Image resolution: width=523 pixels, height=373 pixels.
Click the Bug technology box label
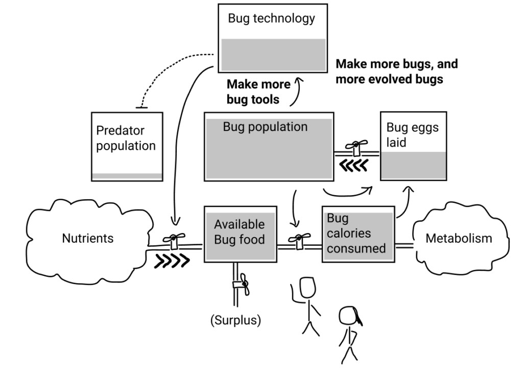(271, 19)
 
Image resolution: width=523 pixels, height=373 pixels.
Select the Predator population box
(127, 146)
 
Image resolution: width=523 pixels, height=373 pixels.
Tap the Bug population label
(265, 127)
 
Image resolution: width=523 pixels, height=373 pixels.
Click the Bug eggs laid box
(413, 146)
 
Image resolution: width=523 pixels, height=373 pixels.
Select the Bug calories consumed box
(358, 234)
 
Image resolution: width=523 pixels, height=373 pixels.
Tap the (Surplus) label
(235, 321)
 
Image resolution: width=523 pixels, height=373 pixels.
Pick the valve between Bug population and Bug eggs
(358, 148)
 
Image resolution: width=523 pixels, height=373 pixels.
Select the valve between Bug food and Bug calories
(299, 240)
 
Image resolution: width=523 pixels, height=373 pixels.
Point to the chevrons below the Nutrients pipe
(172, 261)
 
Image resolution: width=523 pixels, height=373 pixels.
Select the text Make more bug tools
(258, 91)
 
